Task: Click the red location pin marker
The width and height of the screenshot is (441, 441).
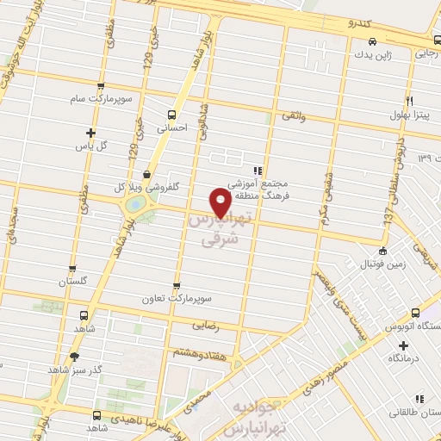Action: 220,202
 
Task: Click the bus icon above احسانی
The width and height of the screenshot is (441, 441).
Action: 172,114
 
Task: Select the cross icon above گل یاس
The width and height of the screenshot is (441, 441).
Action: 90,133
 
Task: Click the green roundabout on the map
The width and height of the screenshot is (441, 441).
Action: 135,205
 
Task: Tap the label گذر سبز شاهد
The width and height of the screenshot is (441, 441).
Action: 75,370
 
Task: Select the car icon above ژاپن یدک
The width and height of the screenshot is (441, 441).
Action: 370,40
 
